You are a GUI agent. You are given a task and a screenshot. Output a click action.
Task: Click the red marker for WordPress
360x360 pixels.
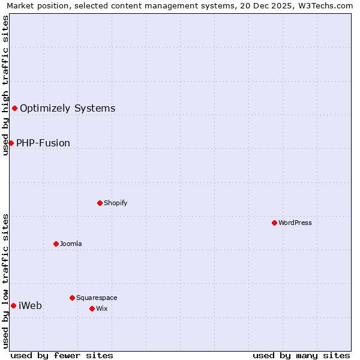(x=274, y=223)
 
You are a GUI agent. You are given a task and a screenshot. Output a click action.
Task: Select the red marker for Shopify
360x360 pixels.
(x=100, y=203)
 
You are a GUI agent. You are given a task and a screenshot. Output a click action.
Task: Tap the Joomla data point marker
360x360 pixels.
(x=56, y=244)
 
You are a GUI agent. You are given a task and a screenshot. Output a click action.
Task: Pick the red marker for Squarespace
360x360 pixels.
(x=72, y=298)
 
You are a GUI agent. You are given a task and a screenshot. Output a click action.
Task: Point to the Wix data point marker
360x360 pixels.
(x=92, y=308)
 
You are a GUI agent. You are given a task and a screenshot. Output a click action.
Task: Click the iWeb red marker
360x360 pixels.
(x=13, y=305)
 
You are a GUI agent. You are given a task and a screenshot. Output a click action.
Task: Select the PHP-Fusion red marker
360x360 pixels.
(x=11, y=143)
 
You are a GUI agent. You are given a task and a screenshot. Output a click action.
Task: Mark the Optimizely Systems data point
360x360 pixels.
(x=14, y=108)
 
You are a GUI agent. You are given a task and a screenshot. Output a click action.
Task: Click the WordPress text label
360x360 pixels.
(x=295, y=223)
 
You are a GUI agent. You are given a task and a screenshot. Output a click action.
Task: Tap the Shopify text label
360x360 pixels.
(x=116, y=203)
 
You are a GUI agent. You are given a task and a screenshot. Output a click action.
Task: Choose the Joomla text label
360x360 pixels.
(x=71, y=244)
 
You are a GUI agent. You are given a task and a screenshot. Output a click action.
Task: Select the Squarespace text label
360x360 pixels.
(x=97, y=298)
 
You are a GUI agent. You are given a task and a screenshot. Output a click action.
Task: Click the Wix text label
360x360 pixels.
(x=101, y=308)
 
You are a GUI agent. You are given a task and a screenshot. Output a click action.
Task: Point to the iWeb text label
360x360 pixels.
(x=30, y=305)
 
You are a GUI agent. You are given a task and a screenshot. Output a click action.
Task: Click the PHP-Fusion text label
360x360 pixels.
(x=43, y=143)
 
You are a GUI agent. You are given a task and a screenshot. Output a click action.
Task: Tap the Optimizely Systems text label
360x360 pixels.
(x=68, y=108)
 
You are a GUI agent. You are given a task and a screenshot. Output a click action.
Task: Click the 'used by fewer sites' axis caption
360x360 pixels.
(x=62, y=355)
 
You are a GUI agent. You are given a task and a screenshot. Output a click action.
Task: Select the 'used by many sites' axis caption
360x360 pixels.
(x=301, y=355)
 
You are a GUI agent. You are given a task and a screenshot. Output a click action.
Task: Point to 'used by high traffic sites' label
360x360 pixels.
(x=5, y=85)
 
